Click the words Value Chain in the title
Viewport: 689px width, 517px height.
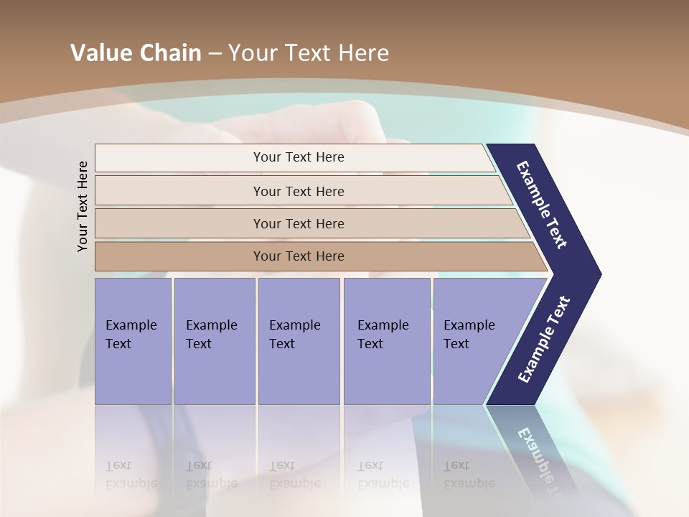[x=136, y=53]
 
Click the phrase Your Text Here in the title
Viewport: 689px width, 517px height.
[x=309, y=53]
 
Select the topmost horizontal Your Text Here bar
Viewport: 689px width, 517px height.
[x=299, y=157]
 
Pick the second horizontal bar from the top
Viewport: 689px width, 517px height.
[x=299, y=191]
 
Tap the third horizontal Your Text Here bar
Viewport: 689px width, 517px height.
[x=299, y=223]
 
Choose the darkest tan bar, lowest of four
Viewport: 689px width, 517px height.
[x=299, y=256]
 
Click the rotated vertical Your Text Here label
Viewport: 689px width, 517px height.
[x=83, y=206]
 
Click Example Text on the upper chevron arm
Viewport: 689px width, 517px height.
[x=542, y=205]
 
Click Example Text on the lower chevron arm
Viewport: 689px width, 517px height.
[x=544, y=339]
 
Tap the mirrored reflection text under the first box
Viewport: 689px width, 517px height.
[x=131, y=475]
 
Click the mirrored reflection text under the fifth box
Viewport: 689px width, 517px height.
[x=469, y=475]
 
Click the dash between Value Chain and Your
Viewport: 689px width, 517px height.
[x=215, y=54]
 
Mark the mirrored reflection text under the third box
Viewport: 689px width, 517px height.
[x=295, y=475]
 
